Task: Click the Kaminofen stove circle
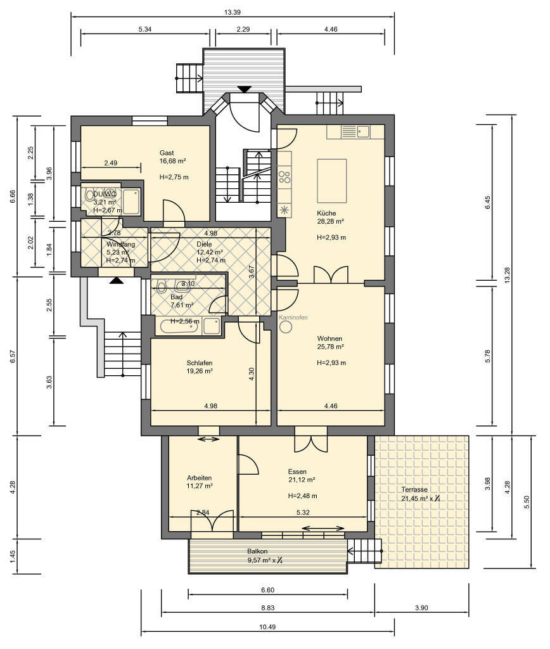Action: point(286,326)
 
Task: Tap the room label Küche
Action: point(326,213)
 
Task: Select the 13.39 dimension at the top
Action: point(232,12)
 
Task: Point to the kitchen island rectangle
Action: point(331,181)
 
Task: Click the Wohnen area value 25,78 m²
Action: point(330,347)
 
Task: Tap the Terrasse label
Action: point(414,490)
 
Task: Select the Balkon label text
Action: point(257,551)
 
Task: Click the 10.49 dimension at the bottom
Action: point(267,627)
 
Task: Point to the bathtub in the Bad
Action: point(179,326)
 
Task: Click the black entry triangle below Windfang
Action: point(117,281)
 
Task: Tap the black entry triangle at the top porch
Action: point(245,89)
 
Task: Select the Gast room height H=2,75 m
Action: point(174,177)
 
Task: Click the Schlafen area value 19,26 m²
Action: point(200,371)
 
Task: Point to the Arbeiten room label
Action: point(199,478)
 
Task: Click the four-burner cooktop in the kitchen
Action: point(285,177)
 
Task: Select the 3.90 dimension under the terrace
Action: point(421,608)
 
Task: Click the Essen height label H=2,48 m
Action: point(302,496)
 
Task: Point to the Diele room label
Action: point(204,244)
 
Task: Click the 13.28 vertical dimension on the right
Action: point(508,275)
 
